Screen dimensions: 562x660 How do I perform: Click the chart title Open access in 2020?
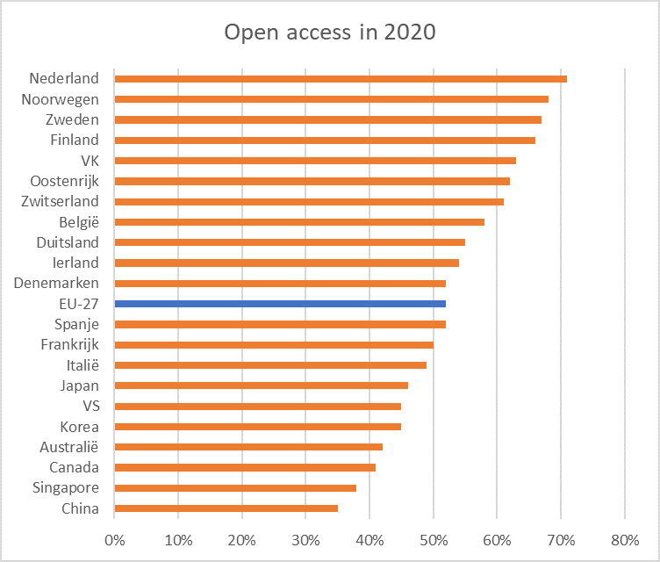329,32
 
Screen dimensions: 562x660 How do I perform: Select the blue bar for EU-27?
280,304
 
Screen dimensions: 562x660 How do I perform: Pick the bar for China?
226,508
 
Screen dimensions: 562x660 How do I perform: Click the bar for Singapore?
235,488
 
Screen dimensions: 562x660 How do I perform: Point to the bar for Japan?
261,385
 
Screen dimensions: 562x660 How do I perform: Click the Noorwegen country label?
61,99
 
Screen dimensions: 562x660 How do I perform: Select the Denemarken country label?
57,283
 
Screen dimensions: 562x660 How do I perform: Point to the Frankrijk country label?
70,344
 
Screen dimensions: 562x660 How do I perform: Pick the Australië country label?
68,447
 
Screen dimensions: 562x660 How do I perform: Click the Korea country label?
80,426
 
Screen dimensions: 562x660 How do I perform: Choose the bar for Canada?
245,467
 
